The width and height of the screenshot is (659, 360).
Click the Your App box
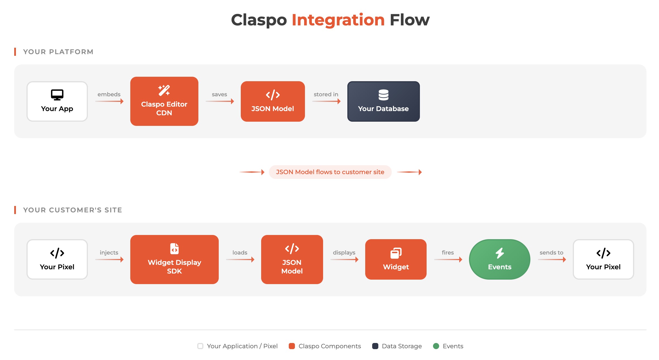point(57,102)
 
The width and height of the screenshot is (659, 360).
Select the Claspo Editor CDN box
point(164,101)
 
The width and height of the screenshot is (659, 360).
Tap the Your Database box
point(383,102)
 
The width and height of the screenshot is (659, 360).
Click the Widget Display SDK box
point(174,260)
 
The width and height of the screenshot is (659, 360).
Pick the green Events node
point(499,260)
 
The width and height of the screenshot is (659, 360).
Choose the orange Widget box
point(396,260)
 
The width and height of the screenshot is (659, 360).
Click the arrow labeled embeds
point(109,101)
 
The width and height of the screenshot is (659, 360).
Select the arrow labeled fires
point(448,260)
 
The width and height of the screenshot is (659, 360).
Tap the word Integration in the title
point(338,20)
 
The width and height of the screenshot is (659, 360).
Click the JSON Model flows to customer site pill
point(330,172)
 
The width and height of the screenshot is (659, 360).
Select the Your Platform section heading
point(58,52)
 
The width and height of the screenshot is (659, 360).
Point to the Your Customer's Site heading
point(73,210)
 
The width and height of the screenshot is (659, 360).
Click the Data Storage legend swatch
point(375,346)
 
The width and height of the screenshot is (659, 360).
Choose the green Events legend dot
point(436,346)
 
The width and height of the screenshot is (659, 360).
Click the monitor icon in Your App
point(57,95)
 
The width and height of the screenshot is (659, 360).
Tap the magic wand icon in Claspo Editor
point(164,90)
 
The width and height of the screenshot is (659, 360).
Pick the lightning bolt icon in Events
point(500,253)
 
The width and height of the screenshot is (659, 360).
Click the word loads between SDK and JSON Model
point(240,253)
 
